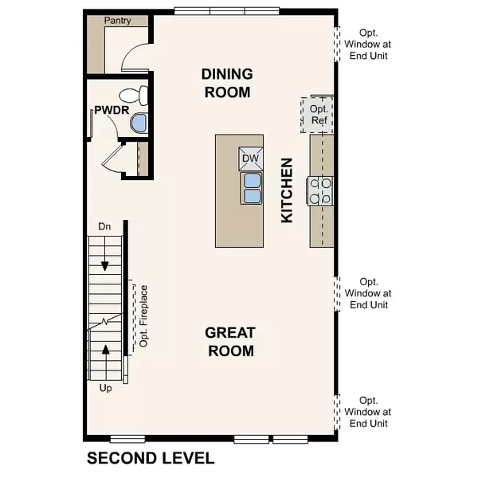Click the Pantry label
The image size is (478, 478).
click(118, 21)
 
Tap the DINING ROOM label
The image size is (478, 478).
click(227, 83)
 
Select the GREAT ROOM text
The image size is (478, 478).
click(229, 342)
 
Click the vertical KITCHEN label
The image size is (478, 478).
click(287, 190)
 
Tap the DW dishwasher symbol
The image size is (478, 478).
click(251, 159)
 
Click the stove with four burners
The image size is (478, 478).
click(322, 190)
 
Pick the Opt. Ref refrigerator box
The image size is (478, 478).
click(318, 114)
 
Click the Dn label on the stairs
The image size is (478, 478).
click(104, 227)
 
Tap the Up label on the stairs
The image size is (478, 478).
click(104, 389)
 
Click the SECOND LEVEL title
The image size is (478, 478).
click(151, 458)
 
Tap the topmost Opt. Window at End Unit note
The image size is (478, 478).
click(369, 44)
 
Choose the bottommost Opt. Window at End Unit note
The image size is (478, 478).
click(369, 412)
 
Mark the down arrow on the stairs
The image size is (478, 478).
click(104, 265)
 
